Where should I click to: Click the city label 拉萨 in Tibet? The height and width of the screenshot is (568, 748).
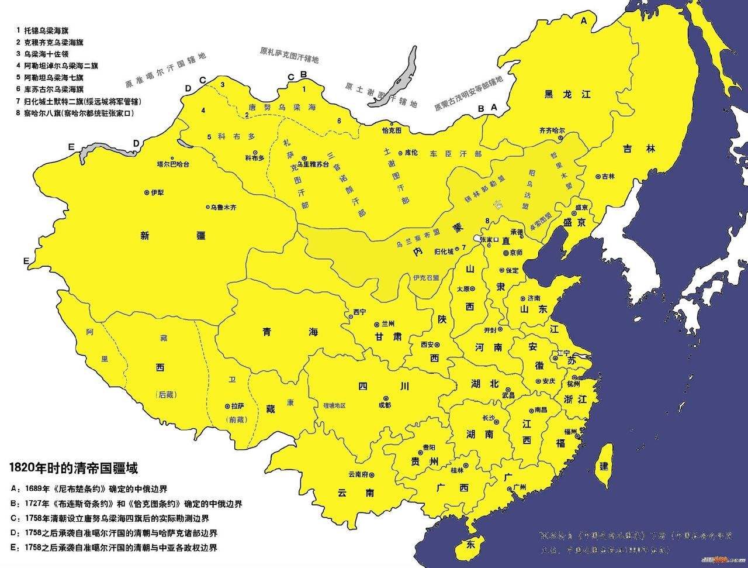[237, 406]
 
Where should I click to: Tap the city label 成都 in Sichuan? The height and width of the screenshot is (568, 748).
[385, 404]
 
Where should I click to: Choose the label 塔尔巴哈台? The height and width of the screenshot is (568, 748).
[174, 164]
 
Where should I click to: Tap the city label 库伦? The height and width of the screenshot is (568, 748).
[411, 152]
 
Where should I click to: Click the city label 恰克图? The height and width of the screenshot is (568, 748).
[392, 130]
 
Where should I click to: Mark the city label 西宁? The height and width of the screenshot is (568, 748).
[359, 311]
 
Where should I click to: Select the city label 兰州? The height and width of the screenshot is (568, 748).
[388, 323]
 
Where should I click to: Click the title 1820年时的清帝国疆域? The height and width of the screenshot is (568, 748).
[74, 468]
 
